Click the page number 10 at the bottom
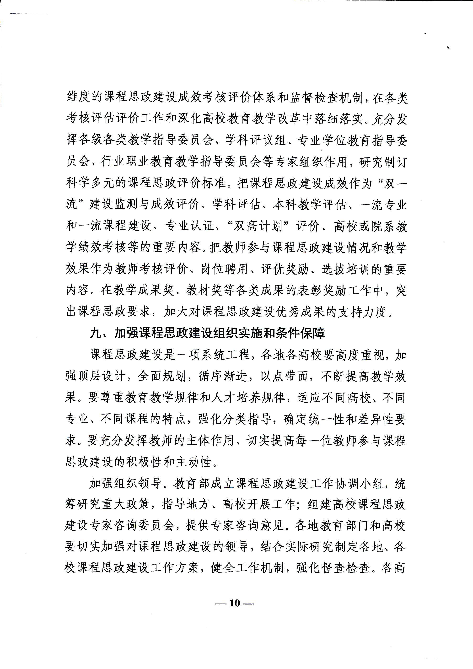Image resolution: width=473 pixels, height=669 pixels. point(234,603)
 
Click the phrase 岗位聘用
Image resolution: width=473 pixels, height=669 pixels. point(225,269)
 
